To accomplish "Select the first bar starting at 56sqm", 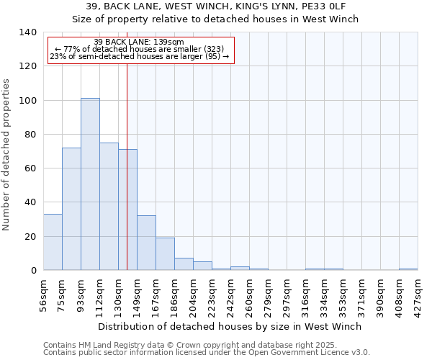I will (x=53, y=242).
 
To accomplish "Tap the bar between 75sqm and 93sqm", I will (x=71, y=209).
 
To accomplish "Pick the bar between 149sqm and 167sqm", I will (x=146, y=243).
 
